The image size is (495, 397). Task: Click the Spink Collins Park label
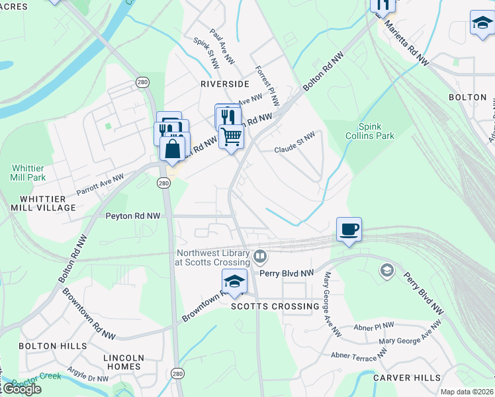376,131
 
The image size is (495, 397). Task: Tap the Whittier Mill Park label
28,173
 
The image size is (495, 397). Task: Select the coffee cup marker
349,230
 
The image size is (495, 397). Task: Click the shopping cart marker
231,136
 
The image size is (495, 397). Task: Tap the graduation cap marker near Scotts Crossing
234,281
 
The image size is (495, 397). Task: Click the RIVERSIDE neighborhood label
224,84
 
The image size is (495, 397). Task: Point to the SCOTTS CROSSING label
275,306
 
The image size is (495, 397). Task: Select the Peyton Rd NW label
133,216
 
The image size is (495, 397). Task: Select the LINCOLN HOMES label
124,362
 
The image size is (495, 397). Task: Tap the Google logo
21,389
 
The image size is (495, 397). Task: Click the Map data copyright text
467,392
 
